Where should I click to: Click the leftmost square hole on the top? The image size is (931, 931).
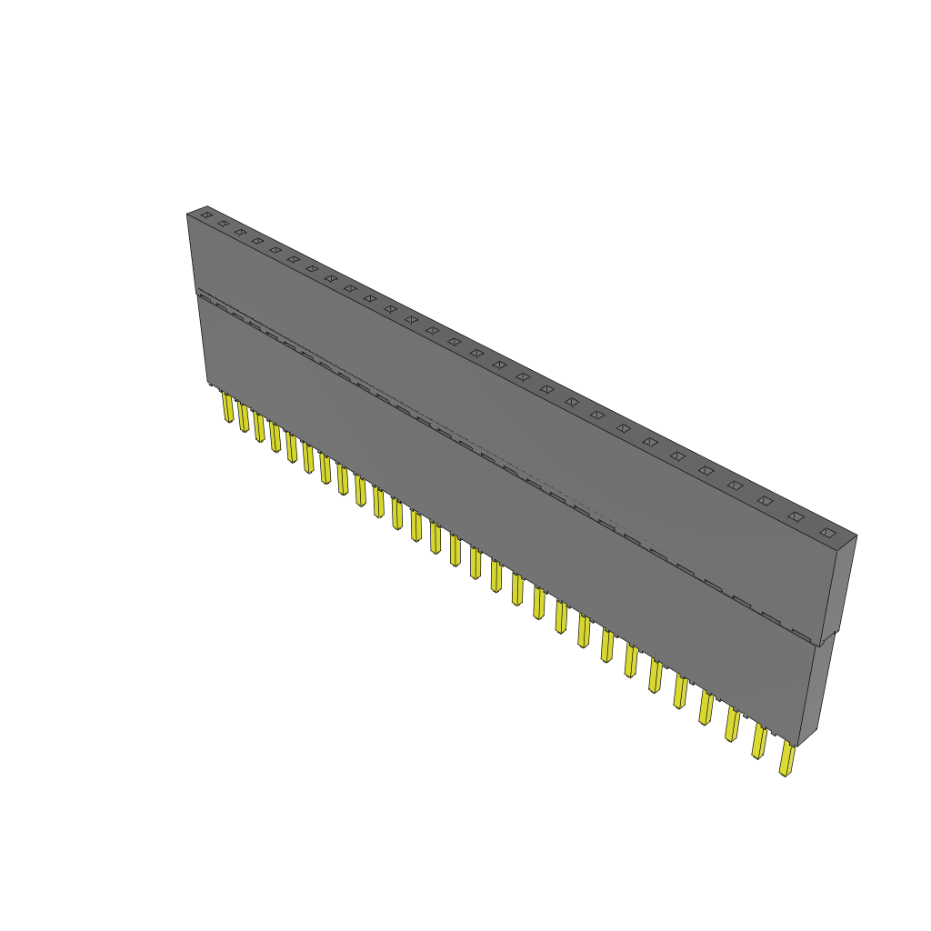click(206, 215)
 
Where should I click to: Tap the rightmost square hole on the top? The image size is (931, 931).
click(826, 532)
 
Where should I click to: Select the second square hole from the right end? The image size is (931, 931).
click(796, 516)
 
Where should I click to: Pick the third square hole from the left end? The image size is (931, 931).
click(240, 232)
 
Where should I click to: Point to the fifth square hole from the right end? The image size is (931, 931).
click(706, 470)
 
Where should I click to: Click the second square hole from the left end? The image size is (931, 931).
click(223, 223)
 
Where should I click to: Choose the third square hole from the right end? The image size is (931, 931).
click(766, 500)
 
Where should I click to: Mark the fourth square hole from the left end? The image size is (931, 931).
click(257, 241)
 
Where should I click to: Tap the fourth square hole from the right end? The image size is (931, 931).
click(735, 486)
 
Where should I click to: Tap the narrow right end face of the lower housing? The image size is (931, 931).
click(816, 691)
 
